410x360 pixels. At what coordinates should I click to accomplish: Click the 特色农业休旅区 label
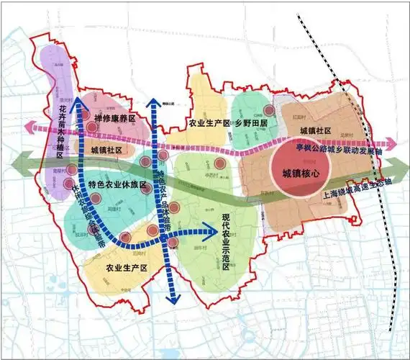point(117,185)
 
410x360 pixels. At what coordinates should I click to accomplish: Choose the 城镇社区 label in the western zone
point(108,150)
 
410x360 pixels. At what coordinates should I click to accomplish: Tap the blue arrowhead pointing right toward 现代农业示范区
point(214,230)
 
